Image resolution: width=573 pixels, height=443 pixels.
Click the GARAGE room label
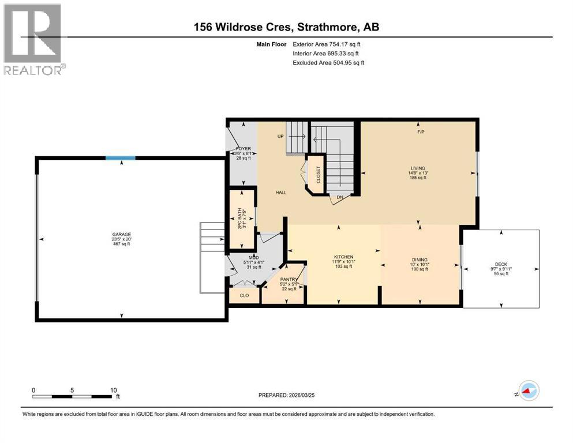pos(121,235)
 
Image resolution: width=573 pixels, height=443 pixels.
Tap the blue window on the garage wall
pos(120,158)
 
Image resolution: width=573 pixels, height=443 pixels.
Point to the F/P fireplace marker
pos(421,132)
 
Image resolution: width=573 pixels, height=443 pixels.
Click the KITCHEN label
pos(343,257)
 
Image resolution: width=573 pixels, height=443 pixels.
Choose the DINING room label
pos(420,260)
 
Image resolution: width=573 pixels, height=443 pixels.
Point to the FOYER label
pos(244,149)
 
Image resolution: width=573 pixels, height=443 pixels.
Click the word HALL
pos(280,193)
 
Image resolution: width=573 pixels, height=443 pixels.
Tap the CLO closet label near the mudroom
pos(244,295)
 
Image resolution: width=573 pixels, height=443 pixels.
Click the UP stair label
pos(281,137)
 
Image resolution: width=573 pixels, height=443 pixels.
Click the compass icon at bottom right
pos(528,391)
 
